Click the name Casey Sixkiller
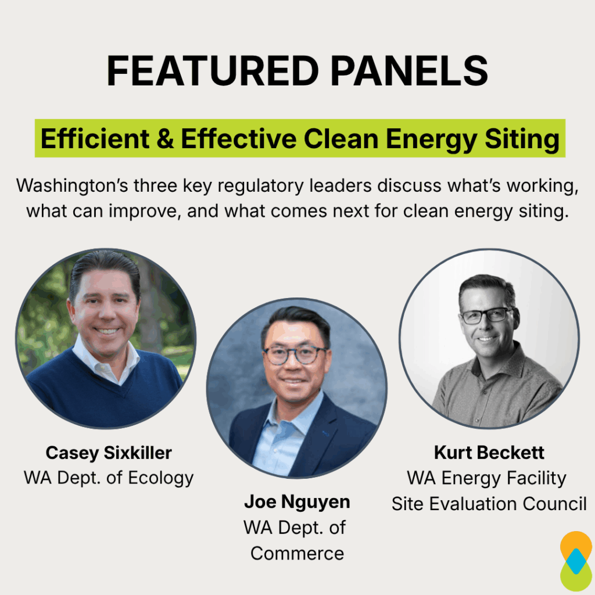(109, 453)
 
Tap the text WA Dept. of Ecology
(109, 478)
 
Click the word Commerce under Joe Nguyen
(297, 553)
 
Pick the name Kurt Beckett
(489, 453)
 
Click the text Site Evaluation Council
(489, 503)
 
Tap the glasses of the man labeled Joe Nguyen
(295, 354)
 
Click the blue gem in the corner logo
(575, 561)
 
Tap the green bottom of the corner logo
(575, 580)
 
